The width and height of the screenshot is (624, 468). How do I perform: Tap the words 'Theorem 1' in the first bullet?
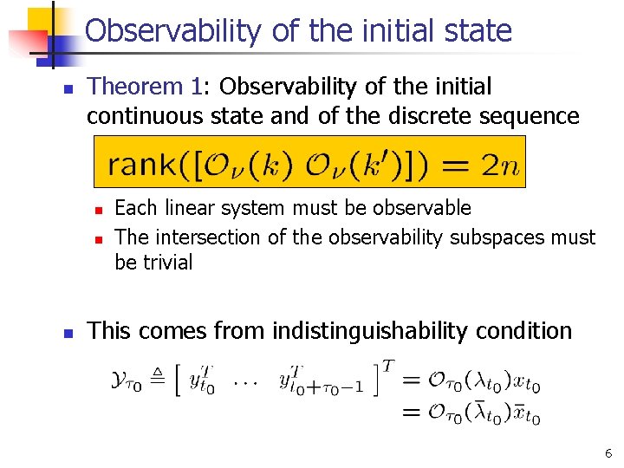[x=145, y=87]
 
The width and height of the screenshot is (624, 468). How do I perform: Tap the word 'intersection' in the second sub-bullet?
[x=214, y=237]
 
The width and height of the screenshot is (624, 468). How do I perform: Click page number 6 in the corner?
[x=608, y=452]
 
